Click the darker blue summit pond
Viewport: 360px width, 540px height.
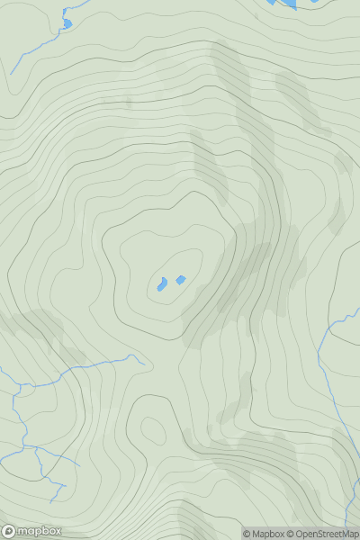(162, 285)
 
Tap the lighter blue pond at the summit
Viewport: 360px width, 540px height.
(180, 280)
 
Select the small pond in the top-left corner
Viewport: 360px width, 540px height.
(66, 23)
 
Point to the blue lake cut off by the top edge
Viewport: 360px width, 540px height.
(283, 4)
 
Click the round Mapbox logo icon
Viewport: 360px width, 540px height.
(9, 531)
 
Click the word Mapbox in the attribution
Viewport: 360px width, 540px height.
(270, 534)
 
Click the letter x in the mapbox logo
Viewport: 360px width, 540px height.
(57, 531)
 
